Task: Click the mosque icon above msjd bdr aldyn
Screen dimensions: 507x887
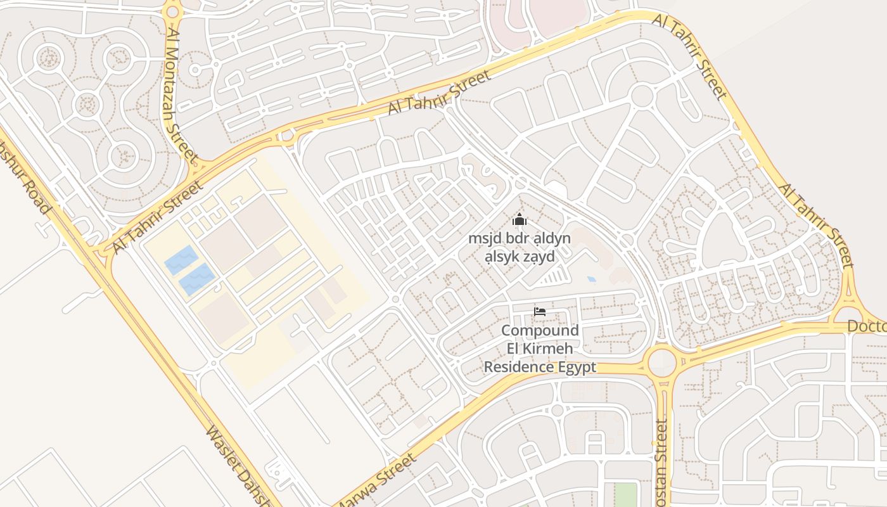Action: (x=520, y=220)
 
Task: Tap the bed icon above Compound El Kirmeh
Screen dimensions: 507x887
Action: (x=539, y=311)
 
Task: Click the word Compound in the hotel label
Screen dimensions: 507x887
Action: (x=540, y=330)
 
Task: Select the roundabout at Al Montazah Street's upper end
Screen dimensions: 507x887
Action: (x=172, y=11)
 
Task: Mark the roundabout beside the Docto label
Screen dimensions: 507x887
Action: (x=848, y=314)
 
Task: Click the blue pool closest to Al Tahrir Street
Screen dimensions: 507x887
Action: (x=181, y=260)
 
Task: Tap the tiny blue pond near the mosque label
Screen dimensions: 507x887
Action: (x=591, y=279)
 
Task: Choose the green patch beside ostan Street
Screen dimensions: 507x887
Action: (x=625, y=494)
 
